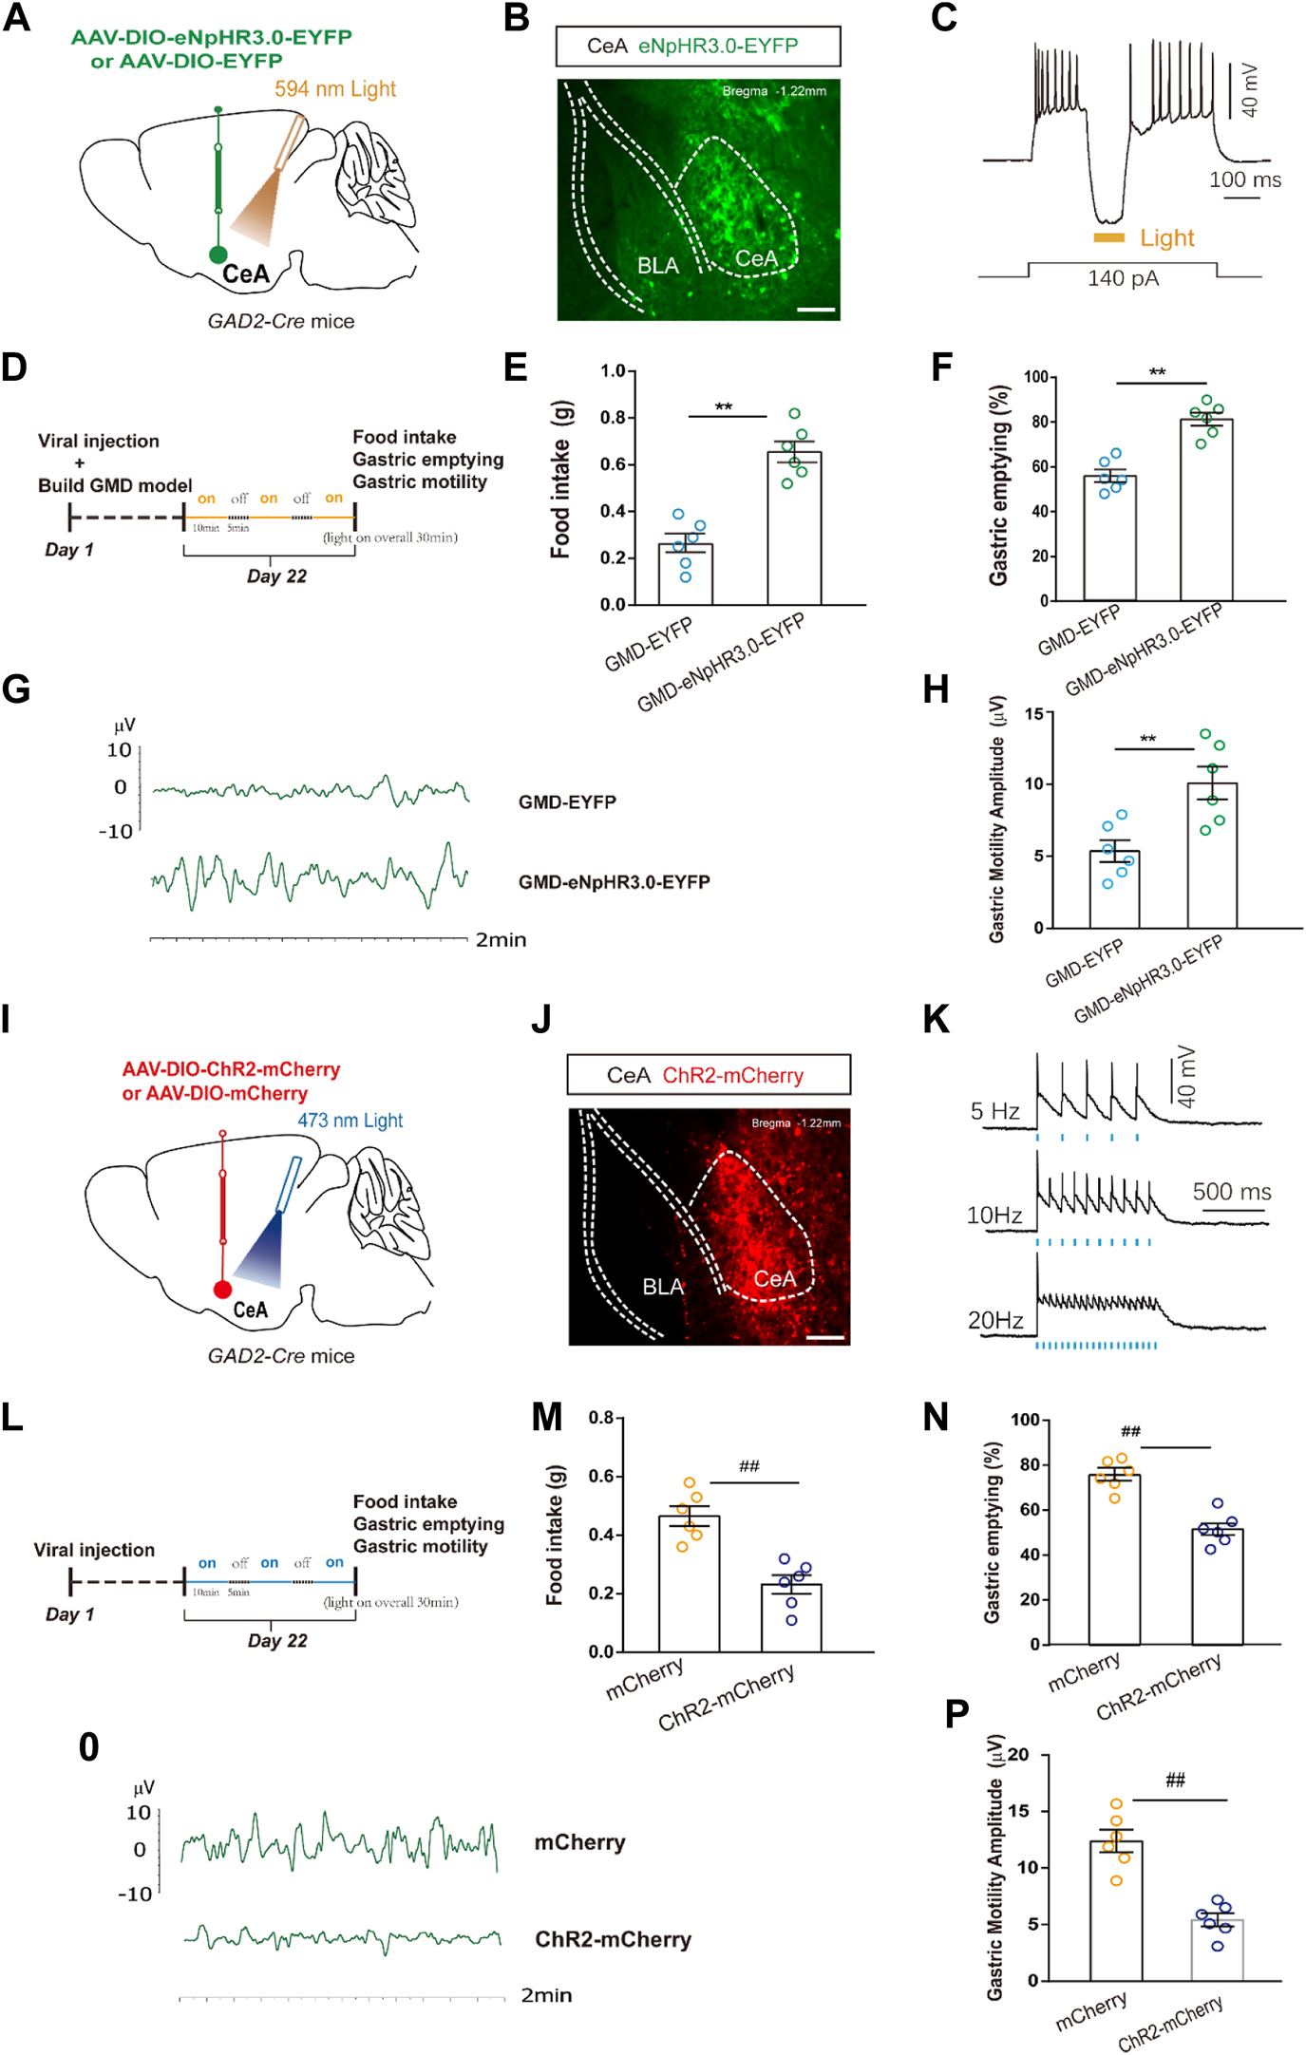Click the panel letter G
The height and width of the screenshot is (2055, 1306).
[16, 688]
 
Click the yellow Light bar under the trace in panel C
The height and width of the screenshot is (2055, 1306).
[1108, 237]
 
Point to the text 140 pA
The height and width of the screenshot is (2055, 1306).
[1123, 278]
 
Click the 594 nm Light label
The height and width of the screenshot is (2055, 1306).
[334, 89]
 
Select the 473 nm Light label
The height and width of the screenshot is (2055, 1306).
[350, 1121]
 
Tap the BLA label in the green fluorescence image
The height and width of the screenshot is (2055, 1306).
[657, 266]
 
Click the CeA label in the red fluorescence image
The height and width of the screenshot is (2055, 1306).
[774, 1279]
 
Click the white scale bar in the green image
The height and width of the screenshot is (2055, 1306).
[816, 310]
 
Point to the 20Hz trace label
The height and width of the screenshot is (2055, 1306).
[994, 1320]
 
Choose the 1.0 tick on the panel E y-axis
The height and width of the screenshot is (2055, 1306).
[613, 371]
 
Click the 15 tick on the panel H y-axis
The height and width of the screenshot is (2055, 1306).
[1033, 713]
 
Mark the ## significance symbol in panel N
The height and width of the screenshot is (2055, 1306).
[1129, 1431]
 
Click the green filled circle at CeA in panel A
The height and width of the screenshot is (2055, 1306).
[218, 255]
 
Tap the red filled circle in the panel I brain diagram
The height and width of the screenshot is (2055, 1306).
[222, 1289]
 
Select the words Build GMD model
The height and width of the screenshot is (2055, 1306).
[115, 485]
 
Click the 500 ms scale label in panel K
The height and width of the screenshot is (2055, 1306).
[1231, 1192]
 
